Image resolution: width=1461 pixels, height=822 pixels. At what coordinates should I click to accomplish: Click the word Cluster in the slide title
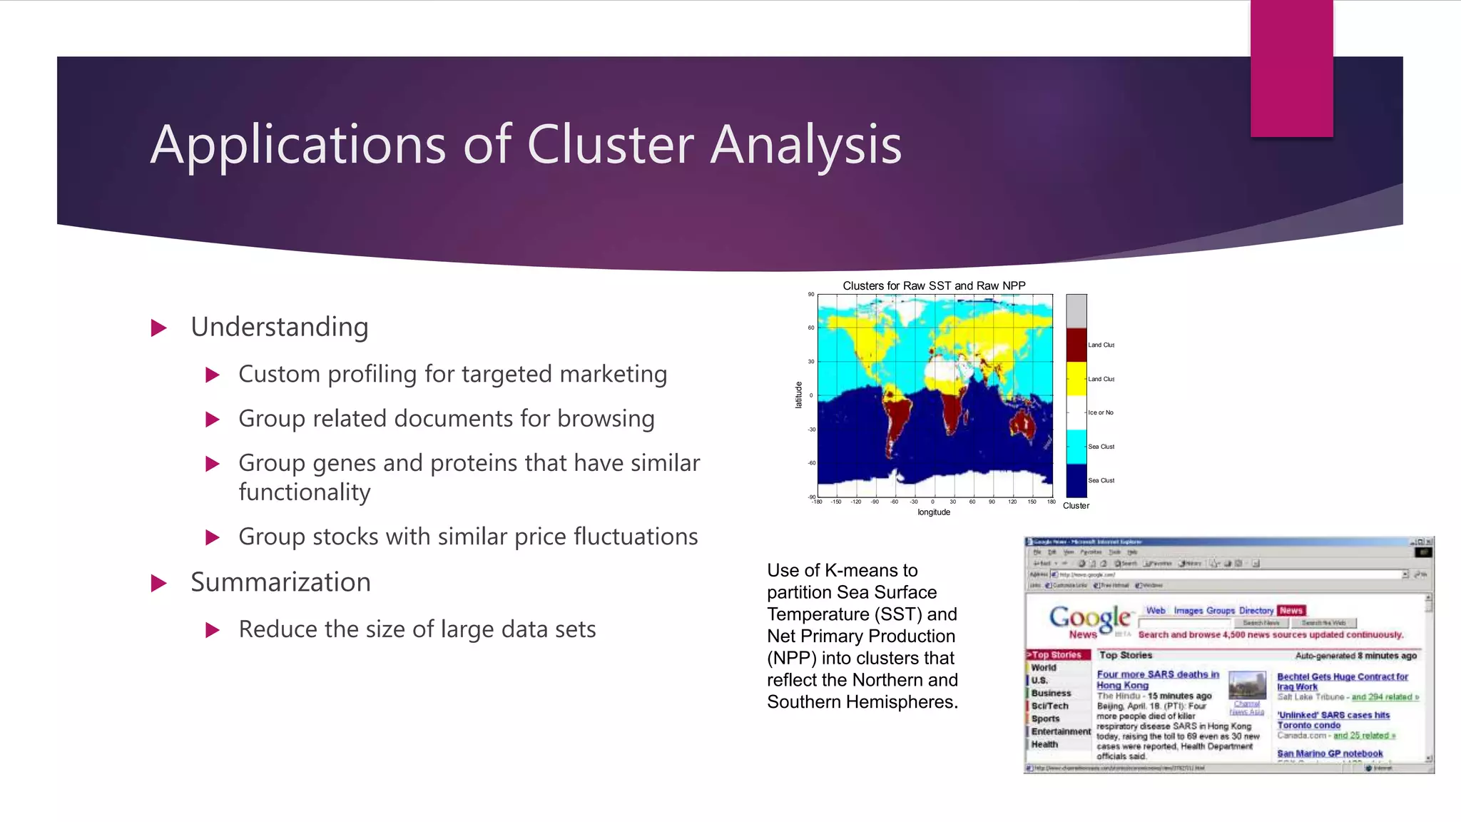pyautogui.click(x=610, y=145)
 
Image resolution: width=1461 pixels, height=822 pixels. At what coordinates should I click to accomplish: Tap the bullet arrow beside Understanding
pyautogui.click(x=159, y=328)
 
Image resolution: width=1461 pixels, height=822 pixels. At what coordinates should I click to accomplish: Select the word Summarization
pyautogui.click(x=280, y=582)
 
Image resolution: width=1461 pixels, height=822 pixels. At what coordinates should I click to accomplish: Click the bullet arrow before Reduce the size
pyautogui.click(x=212, y=630)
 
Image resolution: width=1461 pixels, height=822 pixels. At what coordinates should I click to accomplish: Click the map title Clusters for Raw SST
pyautogui.click(x=933, y=285)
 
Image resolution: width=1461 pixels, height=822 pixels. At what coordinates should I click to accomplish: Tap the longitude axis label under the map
pyautogui.click(x=933, y=512)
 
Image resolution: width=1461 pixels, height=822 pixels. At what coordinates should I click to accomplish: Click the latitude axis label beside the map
pyautogui.click(x=798, y=395)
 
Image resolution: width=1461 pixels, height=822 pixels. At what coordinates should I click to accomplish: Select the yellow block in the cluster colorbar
pyautogui.click(x=1076, y=378)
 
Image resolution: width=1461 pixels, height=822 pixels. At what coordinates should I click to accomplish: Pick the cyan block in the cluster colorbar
pyautogui.click(x=1076, y=447)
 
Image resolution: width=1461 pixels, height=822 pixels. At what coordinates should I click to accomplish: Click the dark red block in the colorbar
pyautogui.click(x=1076, y=345)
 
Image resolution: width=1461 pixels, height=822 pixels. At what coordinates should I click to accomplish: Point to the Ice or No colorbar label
pyautogui.click(x=1100, y=412)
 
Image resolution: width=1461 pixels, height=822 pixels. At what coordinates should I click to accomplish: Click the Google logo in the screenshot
pyautogui.click(x=1089, y=618)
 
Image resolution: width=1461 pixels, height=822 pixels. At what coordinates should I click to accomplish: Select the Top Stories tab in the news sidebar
pyautogui.click(x=1057, y=655)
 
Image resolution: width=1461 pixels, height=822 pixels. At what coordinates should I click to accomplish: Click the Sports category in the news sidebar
pyautogui.click(x=1045, y=719)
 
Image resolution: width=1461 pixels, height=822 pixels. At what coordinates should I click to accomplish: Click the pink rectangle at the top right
pyautogui.click(x=1291, y=68)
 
